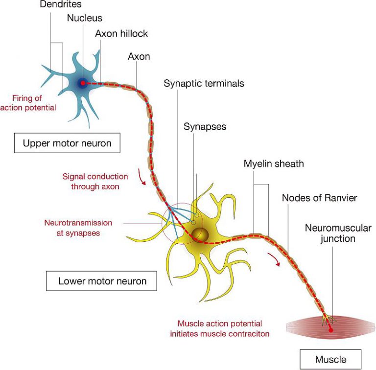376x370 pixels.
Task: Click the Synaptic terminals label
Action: point(204,83)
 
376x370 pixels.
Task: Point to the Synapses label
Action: point(205,126)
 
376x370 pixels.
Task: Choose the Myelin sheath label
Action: point(274,163)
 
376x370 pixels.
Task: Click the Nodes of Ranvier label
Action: point(320,198)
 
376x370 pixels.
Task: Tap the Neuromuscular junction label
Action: point(329,233)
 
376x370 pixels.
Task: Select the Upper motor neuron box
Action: point(67,143)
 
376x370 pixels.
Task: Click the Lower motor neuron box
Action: point(102,281)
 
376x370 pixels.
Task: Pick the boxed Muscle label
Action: point(331,360)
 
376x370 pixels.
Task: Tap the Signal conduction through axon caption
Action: point(95,181)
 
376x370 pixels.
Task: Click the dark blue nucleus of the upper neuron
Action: point(83,83)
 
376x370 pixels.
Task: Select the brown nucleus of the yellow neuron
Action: point(199,235)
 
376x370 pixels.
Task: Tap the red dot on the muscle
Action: point(330,330)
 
